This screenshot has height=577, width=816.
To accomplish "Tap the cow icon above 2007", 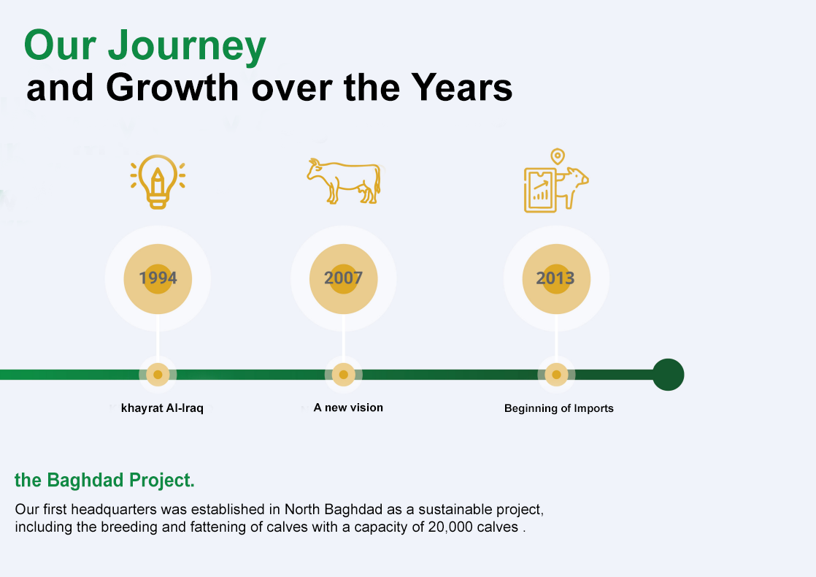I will (x=344, y=180).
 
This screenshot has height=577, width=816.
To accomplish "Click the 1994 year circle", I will (x=158, y=278).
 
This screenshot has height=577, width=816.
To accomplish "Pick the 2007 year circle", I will (x=343, y=278).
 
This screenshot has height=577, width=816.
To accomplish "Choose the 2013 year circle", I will (x=555, y=278).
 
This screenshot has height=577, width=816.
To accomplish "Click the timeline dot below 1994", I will (x=158, y=375).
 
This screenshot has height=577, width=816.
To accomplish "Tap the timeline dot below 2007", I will (x=343, y=375).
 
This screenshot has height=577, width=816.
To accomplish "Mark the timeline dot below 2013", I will (x=556, y=375).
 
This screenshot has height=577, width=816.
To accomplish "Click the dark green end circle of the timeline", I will (x=668, y=375).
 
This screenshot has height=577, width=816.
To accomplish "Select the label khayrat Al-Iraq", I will (x=162, y=408).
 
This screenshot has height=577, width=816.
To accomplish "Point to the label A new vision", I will (x=348, y=408).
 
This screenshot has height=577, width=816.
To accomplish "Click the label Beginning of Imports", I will (x=559, y=408).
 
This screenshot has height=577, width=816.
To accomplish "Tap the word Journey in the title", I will (x=187, y=47).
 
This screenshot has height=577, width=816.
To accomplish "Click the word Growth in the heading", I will (x=172, y=88).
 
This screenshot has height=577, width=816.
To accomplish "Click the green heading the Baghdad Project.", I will (x=104, y=481).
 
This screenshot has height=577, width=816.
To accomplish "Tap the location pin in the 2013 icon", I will (x=558, y=156).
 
